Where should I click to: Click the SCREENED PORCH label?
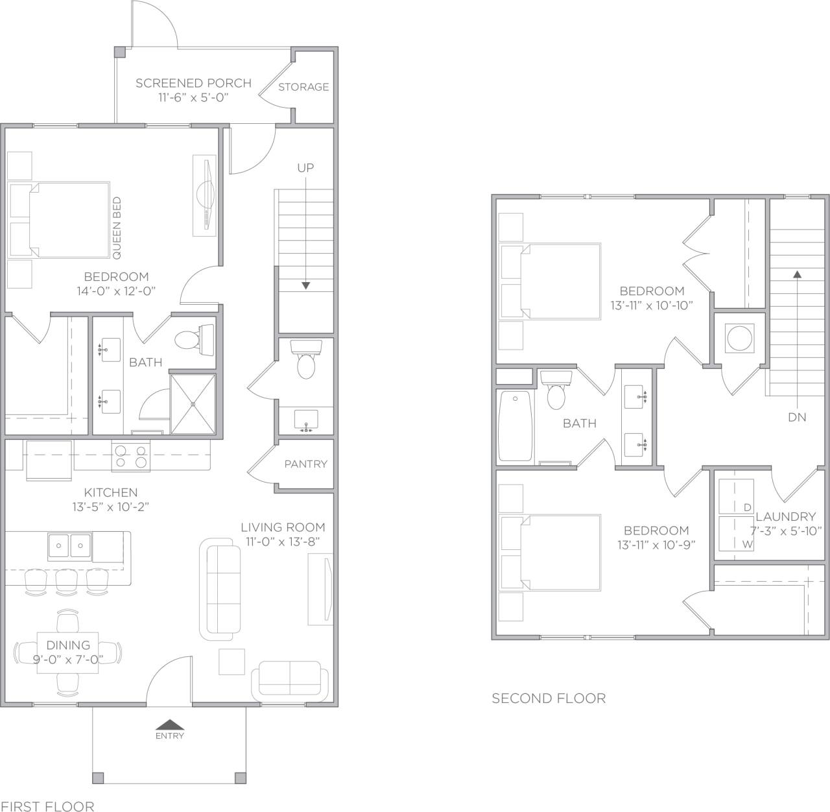coord(193,83)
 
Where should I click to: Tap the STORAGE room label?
coord(303,87)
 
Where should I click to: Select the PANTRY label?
coord(305,464)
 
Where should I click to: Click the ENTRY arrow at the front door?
coord(169,725)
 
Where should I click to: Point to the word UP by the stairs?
coord(305,168)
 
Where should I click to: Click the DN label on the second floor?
coord(797,418)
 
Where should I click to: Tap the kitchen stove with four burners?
coord(131,455)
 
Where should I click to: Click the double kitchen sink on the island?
coord(69,545)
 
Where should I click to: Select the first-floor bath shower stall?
coord(193,403)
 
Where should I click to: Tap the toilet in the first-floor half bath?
coord(305,361)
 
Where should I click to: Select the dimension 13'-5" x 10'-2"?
coord(111,507)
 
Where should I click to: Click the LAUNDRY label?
coord(785,517)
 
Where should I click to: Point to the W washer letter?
coord(747,545)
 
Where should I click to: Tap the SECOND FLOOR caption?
coord(549,699)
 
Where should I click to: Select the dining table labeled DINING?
coord(68,652)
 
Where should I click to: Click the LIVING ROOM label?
coord(283,527)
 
